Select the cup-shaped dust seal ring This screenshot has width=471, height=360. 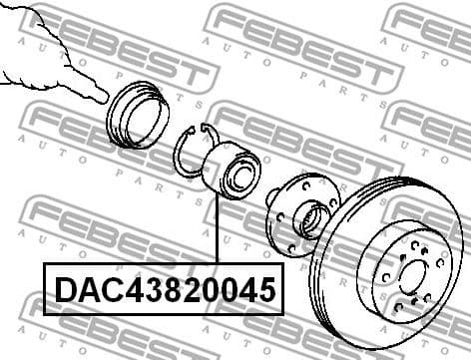click(x=138, y=114)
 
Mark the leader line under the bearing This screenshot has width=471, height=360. click(x=217, y=229)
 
